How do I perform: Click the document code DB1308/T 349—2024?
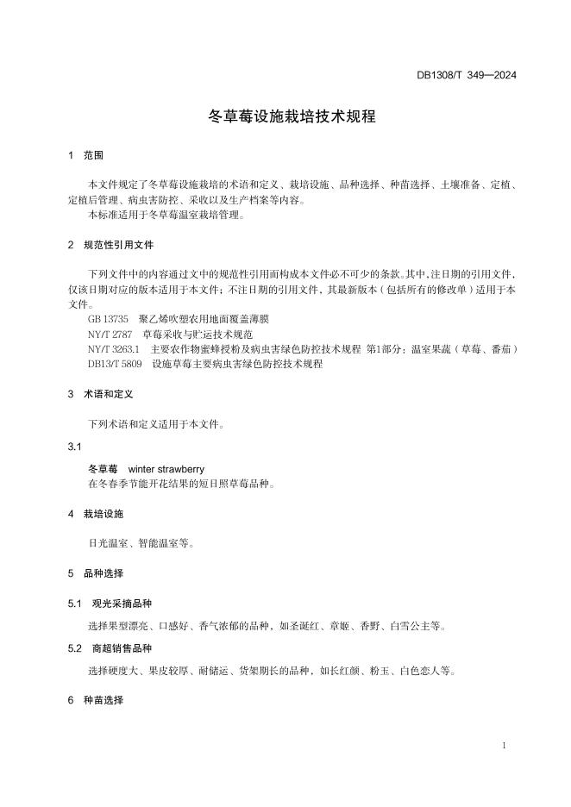click(x=467, y=75)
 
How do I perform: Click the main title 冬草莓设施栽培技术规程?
click(x=292, y=116)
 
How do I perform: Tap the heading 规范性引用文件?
click(x=118, y=245)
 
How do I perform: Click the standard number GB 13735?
click(x=108, y=319)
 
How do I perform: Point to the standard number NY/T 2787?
click(x=110, y=334)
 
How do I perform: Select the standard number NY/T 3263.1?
click(x=114, y=348)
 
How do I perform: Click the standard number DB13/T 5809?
click(x=115, y=364)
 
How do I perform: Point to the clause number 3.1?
click(x=74, y=447)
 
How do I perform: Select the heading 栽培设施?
click(x=104, y=514)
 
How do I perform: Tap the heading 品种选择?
click(x=104, y=573)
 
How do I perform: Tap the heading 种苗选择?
click(x=104, y=701)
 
